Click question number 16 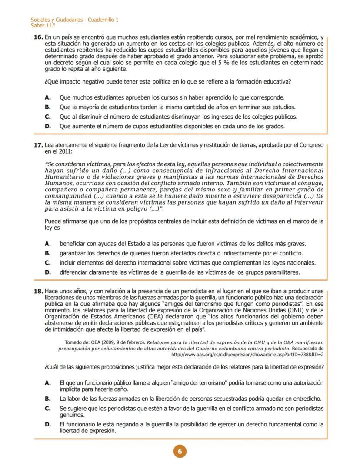pos(38,38)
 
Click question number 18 pos(38,291)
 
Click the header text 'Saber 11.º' pos(40,26)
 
